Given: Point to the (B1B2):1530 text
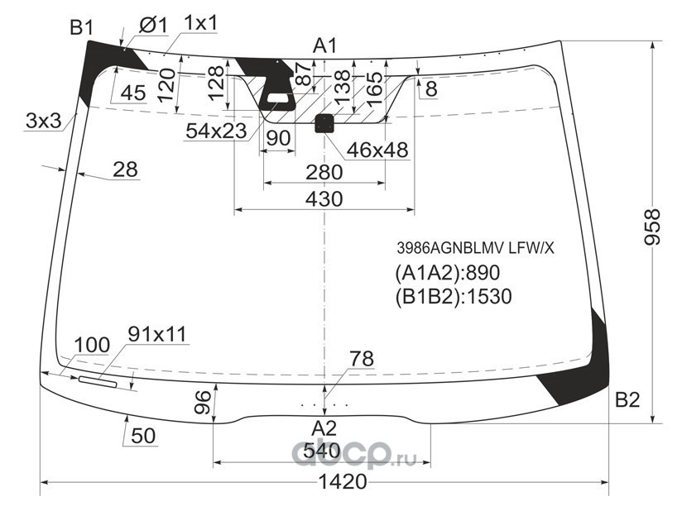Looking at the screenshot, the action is point(454,296).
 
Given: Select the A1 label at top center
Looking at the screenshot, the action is point(324,46).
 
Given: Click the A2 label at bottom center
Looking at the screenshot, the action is point(324,428).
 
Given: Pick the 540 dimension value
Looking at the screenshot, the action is point(322,451).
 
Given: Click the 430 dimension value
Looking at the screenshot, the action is point(324,199).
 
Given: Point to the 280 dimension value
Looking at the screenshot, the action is point(324,173).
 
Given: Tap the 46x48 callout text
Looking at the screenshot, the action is point(377,150).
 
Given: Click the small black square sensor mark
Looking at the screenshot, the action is point(324,123).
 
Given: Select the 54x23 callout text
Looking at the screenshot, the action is point(215,130).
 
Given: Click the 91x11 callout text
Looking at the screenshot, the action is point(157,334).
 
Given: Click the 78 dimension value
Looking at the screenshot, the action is point(361,359).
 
